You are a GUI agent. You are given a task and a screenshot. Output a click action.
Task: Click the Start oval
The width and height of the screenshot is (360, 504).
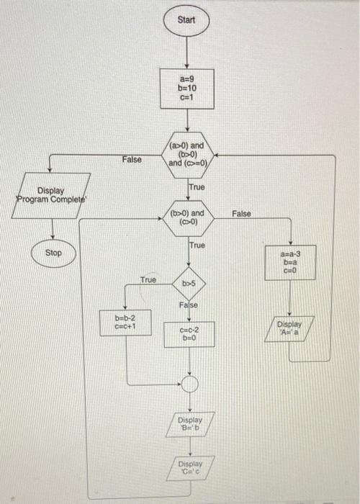pos(186,20)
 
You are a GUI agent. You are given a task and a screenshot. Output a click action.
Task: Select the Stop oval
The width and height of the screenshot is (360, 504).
pos(54,253)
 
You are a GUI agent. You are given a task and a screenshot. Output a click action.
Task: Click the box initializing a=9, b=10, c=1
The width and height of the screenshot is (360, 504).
pos(186,88)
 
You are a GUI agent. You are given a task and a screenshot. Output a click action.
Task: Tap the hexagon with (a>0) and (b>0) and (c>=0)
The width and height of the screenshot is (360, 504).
pos(186,154)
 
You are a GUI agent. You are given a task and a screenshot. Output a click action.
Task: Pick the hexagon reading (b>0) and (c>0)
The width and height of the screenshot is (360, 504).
pos(187,217)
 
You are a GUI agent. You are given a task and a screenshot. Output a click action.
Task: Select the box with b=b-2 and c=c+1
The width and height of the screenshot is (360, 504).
pos(126,320)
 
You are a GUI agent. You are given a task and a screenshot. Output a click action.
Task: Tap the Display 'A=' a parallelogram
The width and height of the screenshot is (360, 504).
pos(291,328)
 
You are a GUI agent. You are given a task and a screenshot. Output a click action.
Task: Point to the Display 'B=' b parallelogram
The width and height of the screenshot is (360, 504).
pos(189,423)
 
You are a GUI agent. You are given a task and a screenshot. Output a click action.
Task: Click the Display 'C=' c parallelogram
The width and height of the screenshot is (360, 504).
pos(189,468)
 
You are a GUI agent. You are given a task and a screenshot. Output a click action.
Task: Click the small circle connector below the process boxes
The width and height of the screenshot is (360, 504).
pos(189,383)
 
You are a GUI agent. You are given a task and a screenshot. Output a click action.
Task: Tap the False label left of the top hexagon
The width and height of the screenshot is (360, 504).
pos(132,159)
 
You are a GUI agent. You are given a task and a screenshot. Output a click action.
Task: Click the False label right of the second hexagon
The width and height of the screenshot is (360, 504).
pos(241,214)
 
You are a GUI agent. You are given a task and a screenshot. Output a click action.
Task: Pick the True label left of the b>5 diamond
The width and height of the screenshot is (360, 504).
pos(148,279)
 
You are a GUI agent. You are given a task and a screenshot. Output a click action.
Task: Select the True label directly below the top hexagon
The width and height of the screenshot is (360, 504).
pos(196,187)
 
